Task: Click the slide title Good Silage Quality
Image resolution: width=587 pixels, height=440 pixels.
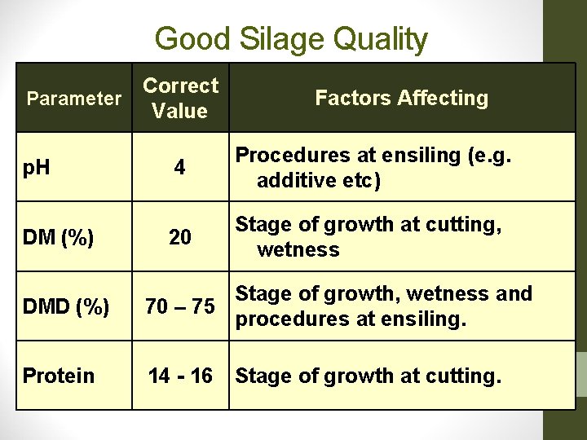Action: point(290,38)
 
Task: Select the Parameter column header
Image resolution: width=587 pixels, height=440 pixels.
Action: point(73,99)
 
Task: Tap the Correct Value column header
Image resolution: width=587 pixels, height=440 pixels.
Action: point(180,98)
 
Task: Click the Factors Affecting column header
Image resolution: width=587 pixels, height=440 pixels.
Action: point(401,99)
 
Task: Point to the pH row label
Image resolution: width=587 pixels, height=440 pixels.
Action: point(36,168)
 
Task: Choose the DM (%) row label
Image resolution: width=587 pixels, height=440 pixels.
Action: point(58,237)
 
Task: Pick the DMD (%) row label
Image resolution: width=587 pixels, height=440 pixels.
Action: point(65,307)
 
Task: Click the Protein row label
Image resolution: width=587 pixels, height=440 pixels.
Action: point(59,376)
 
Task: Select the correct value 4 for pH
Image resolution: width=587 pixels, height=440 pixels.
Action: point(179,168)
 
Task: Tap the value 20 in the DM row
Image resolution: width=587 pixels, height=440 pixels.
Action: point(179,237)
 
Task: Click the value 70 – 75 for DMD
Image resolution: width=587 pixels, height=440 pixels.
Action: point(180,307)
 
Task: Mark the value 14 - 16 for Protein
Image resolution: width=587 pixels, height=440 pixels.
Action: point(180,376)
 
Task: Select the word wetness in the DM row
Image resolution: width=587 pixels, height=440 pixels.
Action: point(298,249)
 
